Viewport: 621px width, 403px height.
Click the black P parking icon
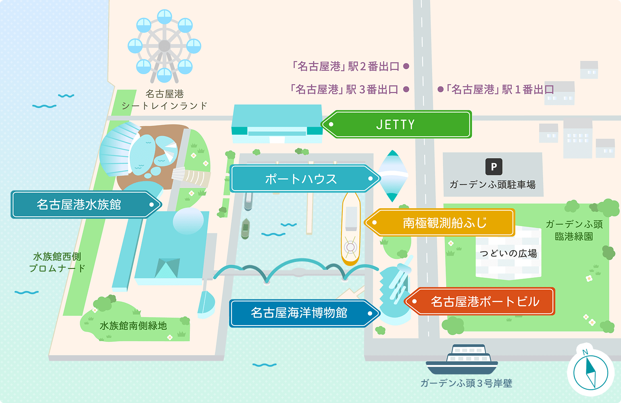pyautogui.click(x=494, y=166)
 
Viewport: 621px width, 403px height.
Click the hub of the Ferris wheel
pyautogui.click(x=164, y=46)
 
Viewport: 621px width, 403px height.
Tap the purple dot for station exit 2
pyautogui.click(x=406, y=66)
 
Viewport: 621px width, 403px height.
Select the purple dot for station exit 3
pyautogui.click(x=406, y=89)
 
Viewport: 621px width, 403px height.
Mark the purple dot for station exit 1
pyautogui.click(x=440, y=89)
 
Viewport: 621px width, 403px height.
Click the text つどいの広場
pyautogui.click(x=508, y=253)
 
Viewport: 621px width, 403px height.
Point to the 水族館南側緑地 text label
pyautogui.click(x=133, y=326)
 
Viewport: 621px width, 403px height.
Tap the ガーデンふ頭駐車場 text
pyautogui.click(x=492, y=185)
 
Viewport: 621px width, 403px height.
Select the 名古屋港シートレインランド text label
pyautogui.click(x=165, y=100)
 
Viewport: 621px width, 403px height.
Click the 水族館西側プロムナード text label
pyautogui.click(x=57, y=262)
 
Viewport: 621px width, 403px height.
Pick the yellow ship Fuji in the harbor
pyautogui.click(x=350, y=228)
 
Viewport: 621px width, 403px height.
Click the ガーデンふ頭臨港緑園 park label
pyautogui.click(x=574, y=230)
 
